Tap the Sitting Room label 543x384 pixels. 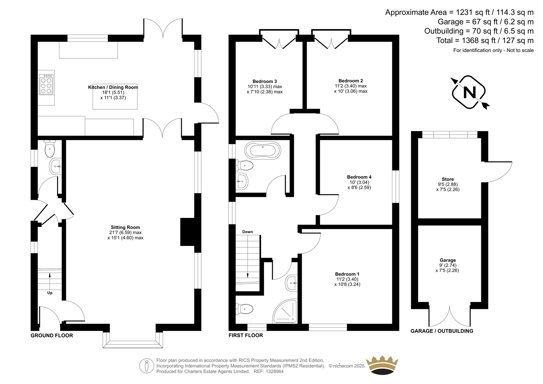coord(125,227)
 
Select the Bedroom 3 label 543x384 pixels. coord(265,81)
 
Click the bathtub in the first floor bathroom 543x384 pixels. coord(263,150)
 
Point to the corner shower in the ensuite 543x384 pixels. coord(285,311)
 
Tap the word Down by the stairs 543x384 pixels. coord(247,232)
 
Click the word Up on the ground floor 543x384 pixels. coord(50,293)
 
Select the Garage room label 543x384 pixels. coord(448,260)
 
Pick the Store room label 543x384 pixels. coord(448,179)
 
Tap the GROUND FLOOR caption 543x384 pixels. coord(52,335)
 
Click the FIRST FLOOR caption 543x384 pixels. coord(246,335)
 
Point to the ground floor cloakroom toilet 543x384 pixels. coord(50,148)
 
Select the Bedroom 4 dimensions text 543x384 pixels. coord(359,185)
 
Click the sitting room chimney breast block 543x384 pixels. coord(188,232)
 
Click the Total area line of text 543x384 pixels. coord(485,40)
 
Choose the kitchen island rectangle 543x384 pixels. coord(115,96)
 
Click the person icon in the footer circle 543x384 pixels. coord(146,366)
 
